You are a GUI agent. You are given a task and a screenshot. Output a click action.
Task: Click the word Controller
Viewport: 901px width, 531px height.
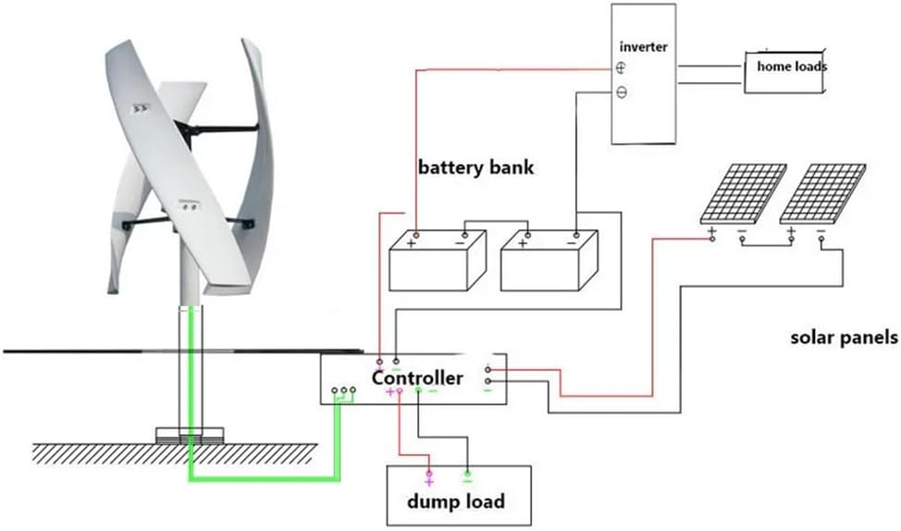pos(417,378)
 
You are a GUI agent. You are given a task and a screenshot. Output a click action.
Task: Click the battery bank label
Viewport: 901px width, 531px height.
pos(475,169)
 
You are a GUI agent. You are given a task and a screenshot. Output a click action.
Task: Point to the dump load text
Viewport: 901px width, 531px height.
pos(457,501)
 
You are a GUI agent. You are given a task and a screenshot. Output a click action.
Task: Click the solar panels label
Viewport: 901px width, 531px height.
pos(844,339)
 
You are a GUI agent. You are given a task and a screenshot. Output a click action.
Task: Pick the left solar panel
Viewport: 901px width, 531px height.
pos(743,193)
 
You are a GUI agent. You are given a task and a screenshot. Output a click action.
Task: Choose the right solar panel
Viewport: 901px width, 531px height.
pos(822,193)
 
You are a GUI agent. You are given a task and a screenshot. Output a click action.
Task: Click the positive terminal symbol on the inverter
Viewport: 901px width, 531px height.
pos(622,68)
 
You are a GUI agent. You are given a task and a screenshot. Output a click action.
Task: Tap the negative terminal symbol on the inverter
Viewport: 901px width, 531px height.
pos(622,92)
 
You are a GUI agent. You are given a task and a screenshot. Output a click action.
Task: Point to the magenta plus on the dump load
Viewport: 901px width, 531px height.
pos(428,480)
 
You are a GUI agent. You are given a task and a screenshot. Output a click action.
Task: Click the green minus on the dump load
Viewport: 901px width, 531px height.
pos(467,480)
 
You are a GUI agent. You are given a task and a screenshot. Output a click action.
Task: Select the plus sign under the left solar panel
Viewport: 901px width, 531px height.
pos(712,230)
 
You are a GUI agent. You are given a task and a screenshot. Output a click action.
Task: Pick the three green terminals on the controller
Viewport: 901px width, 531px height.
pos(343,391)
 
